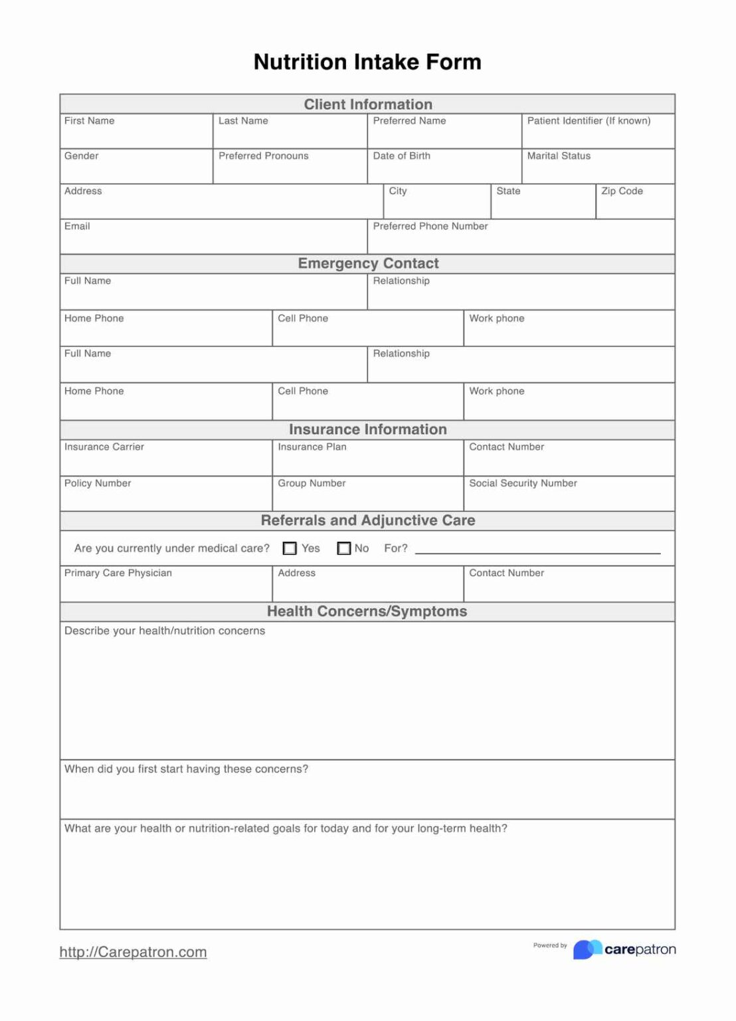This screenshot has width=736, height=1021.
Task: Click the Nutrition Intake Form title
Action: coord(367,62)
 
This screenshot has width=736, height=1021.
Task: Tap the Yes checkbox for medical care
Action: coord(290,548)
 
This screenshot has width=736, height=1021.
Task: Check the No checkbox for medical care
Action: coord(344,548)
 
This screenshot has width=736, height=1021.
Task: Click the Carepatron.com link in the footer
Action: coord(133,952)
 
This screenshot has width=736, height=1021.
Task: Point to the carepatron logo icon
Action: coord(587,949)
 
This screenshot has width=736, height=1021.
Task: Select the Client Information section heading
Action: coord(368,104)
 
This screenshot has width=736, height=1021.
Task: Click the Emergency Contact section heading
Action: coord(368,263)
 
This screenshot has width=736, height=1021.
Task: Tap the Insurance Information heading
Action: coord(368,429)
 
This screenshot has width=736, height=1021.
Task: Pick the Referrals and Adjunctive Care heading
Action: coord(368,520)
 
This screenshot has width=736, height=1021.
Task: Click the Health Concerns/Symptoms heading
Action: coord(367,612)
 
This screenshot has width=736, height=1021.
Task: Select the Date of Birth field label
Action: coord(401,156)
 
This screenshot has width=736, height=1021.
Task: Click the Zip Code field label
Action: coord(622,191)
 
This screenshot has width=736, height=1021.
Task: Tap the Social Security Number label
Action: coord(523,483)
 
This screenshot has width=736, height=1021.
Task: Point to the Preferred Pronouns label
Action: coord(263,156)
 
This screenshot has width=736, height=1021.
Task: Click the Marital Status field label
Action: coord(559,156)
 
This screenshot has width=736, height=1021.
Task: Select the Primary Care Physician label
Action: coord(118,573)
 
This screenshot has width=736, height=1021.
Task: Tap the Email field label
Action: coord(77,227)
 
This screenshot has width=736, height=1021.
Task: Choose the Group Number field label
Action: coord(312,483)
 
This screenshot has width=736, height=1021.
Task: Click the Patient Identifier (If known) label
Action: coord(589,121)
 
